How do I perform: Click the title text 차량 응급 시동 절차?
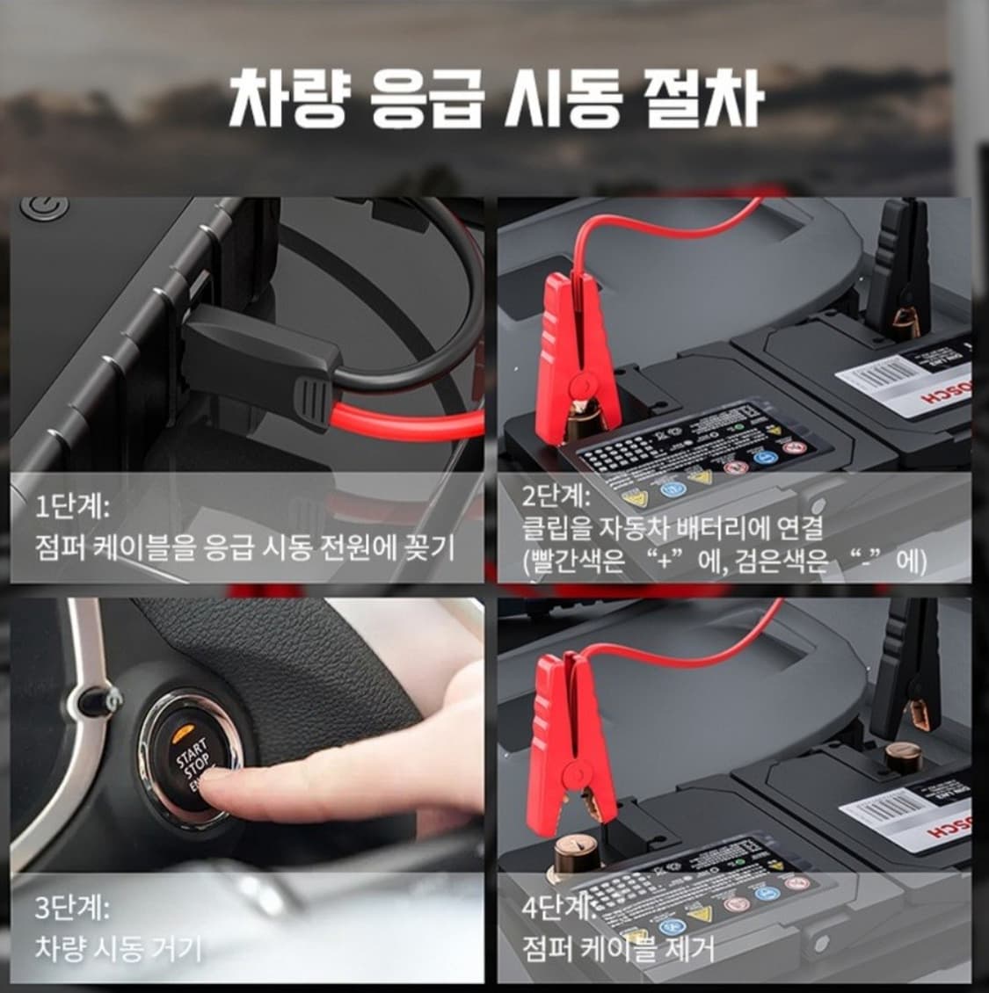pyautogui.click(x=494, y=98)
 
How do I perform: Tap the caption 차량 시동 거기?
pyautogui.click(x=119, y=948)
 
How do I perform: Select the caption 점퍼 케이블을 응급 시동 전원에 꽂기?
pyautogui.click(x=245, y=549)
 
